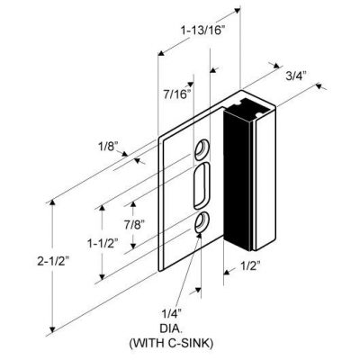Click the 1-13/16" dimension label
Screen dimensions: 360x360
click(x=202, y=31)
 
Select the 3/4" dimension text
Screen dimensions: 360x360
click(x=295, y=76)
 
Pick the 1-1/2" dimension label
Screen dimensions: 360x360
click(x=103, y=243)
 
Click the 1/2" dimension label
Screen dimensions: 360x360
click(x=249, y=265)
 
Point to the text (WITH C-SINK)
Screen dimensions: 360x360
click(x=171, y=343)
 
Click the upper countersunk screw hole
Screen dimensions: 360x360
click(x=202, y=149)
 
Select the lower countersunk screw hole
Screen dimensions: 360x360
click(x=202, y=222)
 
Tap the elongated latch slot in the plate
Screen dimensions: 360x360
click(x=202, y=185)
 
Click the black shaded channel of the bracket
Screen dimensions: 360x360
click(x=237, y=180)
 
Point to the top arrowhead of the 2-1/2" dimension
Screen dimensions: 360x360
click(x=52, y=202)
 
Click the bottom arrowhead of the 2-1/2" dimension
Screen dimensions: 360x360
click(x=52, y=329)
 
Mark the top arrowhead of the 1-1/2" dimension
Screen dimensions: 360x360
click(x=103, y=208)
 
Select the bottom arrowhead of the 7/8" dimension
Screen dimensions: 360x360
click(x=133, y=246)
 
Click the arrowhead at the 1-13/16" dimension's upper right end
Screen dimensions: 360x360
click(x=237, y=11)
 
